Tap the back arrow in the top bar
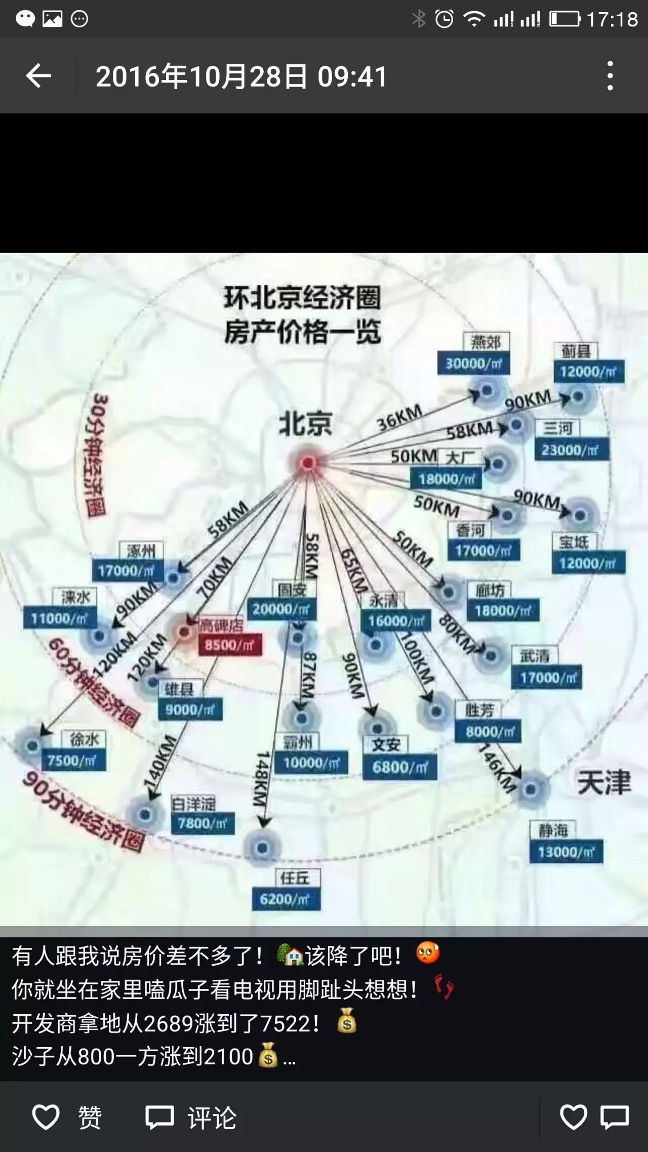38,76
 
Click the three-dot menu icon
610,76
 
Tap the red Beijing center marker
307,462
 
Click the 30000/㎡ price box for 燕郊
473,364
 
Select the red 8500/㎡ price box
229,645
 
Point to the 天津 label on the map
604,782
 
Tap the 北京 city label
305,423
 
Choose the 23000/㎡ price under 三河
571,450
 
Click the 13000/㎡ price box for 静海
566,852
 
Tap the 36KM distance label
400,417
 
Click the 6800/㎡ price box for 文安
400,767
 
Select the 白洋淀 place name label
193,804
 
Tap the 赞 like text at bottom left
90,1117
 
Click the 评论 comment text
212,1117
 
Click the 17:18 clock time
612,19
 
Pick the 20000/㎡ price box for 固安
281,609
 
